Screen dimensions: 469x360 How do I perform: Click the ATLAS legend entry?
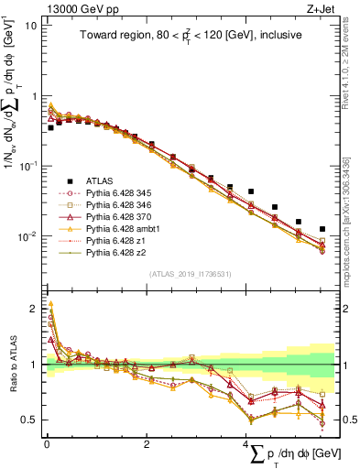95,181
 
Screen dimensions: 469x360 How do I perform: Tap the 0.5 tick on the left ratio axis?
30,420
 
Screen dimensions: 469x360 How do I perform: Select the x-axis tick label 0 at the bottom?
48,443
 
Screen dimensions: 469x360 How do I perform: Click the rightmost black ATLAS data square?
322,229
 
